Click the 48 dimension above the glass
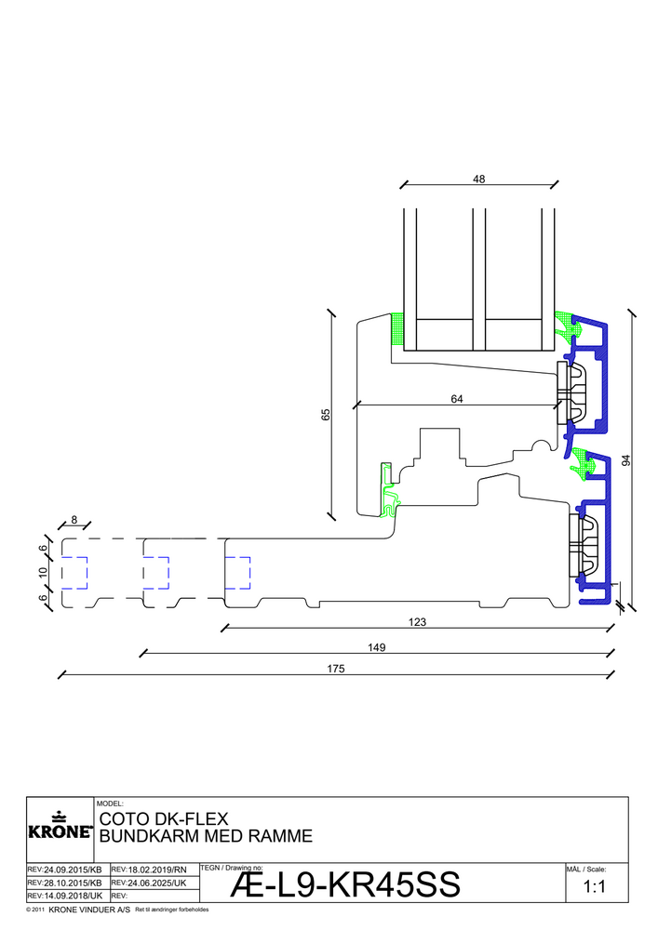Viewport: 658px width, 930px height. click(479, 179)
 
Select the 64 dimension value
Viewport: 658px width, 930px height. click(457, 399)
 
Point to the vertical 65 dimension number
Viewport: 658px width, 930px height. click(326, 415)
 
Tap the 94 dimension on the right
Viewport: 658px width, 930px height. click(626, 459)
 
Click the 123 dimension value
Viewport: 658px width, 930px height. click(418, 621)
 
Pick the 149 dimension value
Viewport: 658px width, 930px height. click(376, 645)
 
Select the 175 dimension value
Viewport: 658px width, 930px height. click(337, 669)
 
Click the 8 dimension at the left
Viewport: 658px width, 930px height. click(74, 520)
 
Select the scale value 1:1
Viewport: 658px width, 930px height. click(595, 887)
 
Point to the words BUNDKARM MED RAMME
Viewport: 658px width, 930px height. click(205, 836)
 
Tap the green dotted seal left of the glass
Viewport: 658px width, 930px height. click(397, 328)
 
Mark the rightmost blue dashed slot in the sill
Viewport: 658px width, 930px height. click(238, 573)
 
